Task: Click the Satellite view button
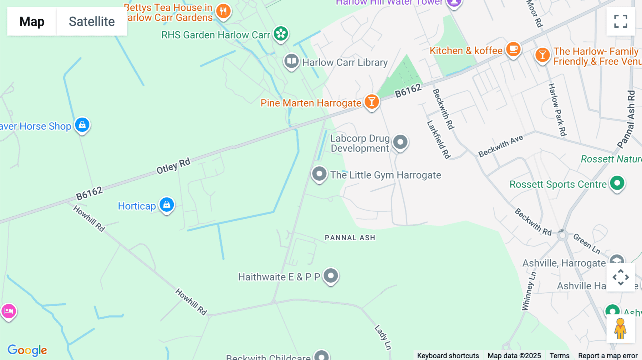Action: [92, 21]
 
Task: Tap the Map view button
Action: [32, 21]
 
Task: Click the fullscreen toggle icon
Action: [621, 21]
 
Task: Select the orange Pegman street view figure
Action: [620, 329]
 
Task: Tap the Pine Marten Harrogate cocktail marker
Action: [372, 102]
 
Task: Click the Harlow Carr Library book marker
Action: [291, 61]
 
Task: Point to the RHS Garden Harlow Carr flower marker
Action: [281, 34]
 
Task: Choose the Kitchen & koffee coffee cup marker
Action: [513, 49]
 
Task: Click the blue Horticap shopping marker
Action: [167, 205]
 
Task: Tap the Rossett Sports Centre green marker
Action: [617, 183]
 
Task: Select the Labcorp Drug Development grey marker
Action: [400, 142]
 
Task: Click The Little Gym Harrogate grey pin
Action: [319, 174]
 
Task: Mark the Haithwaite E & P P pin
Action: [331, 276]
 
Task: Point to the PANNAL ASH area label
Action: [350, 238]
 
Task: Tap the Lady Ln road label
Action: [383, 337]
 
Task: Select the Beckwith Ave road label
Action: [500, 146]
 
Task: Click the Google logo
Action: [27, 350]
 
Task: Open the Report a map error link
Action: [608, 356]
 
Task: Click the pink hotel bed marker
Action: [9, 311]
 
